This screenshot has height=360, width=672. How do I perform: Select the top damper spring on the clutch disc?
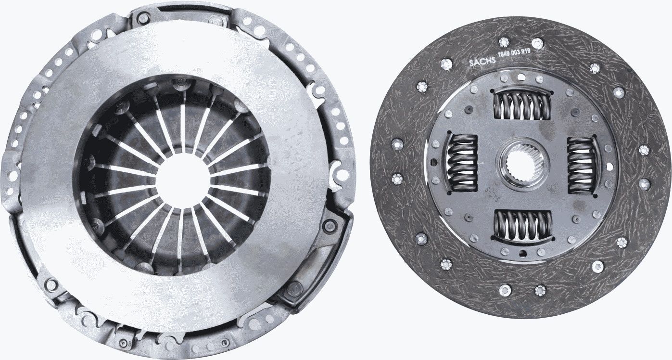(520, 104)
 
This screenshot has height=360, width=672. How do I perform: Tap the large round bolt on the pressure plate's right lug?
(330, 225)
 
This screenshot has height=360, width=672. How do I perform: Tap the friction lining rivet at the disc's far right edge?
(645, 150)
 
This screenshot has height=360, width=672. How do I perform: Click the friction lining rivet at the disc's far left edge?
(397, 143)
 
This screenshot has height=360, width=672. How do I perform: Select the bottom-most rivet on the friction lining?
(540, 290)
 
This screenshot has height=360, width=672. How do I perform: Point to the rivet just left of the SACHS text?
(446, 64)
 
